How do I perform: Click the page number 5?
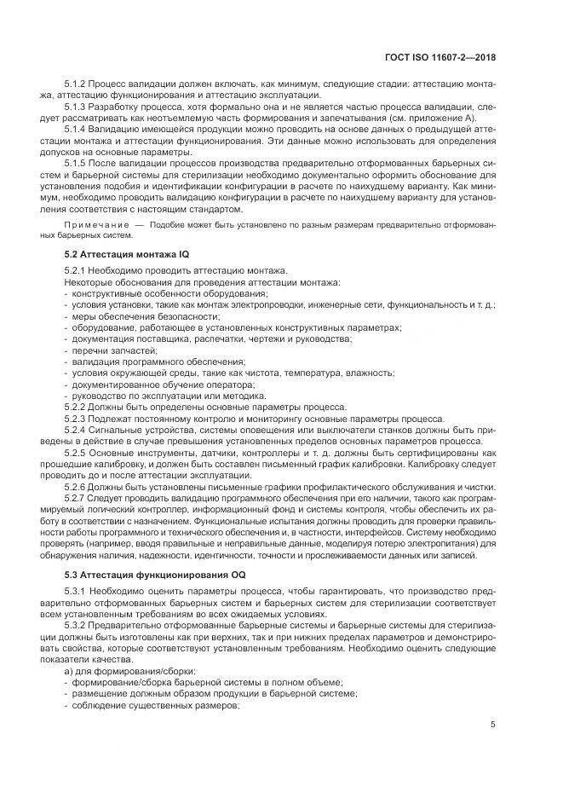pos(493,725)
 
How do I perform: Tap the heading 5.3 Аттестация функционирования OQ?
pos(144,575)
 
